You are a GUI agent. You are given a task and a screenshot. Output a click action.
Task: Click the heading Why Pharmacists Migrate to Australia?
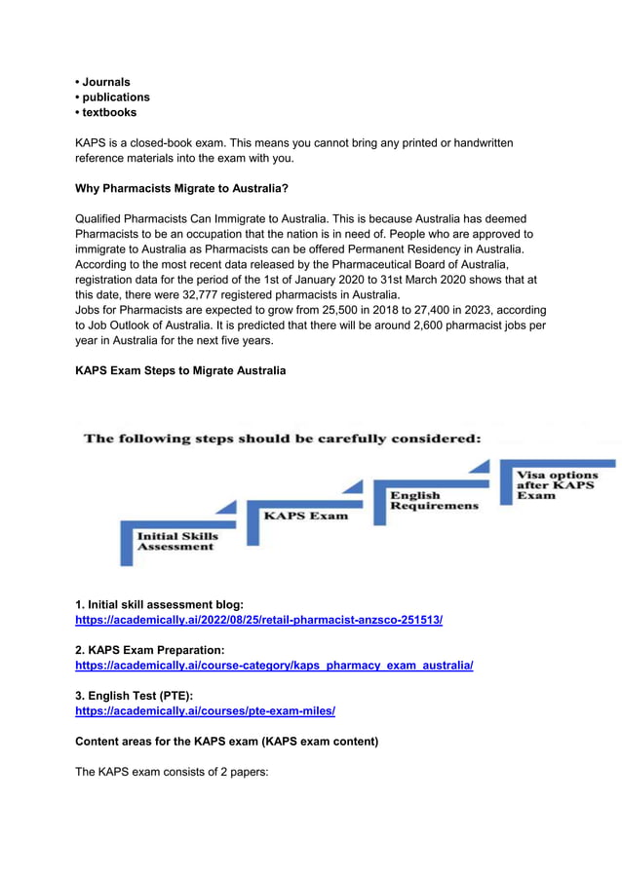click(181, 187)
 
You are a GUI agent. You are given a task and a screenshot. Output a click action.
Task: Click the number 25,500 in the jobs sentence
click(322, 310)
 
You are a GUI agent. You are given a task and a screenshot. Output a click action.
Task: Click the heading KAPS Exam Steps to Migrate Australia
click(180, 370)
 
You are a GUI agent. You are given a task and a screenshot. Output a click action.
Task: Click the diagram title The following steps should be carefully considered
click(283, 439)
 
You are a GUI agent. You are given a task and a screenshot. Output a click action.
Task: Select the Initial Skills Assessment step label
click(176, 541)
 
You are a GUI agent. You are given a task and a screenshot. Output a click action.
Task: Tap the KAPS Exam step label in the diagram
click(304, 516)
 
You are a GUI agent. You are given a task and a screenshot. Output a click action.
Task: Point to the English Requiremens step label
click(434, 500)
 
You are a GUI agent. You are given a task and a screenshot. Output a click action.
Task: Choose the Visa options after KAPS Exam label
click(557, 485)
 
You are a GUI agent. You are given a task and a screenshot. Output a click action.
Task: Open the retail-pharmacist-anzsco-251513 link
click(258, 620)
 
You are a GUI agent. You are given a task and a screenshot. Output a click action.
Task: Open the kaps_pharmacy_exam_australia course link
click(274, 665)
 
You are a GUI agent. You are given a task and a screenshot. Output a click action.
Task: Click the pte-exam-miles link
click(205, 710)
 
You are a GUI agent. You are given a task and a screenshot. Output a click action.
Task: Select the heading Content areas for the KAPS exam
click(226, 742)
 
